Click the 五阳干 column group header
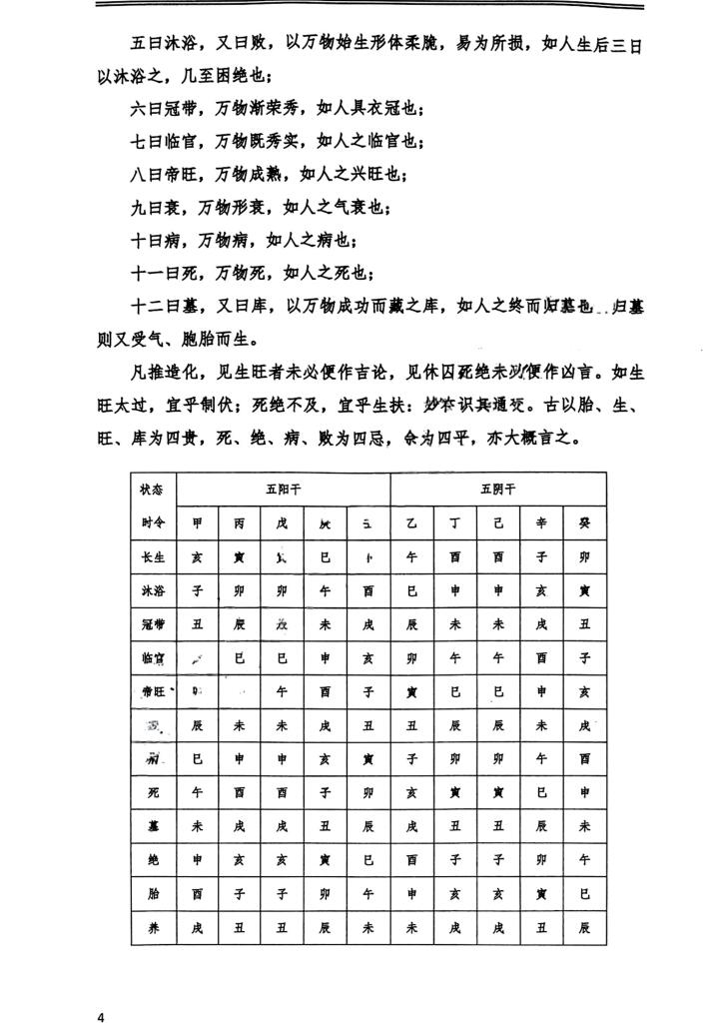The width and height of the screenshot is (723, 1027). click(283, 490)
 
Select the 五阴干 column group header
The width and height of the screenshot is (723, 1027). click(497, 490)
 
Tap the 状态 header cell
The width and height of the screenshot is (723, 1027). click(152, 490)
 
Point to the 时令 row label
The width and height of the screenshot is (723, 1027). click(152, 522)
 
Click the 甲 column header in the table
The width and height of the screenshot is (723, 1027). click(197, 522)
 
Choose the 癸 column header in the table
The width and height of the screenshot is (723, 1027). click(584, 522)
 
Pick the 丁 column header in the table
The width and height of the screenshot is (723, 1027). click(454, 522)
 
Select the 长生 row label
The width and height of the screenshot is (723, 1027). click(152, 556)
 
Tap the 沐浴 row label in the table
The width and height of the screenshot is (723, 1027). click(152, 590)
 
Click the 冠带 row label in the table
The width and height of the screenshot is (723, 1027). click(152, 624)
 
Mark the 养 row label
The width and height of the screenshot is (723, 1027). click(152, 928)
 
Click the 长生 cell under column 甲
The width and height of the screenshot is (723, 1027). click(197, 556)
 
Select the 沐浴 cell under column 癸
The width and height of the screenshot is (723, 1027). click(584, 590)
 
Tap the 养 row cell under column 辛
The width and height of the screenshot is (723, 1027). click(540, 928)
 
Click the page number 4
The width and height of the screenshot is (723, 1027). click(101, 1015)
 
